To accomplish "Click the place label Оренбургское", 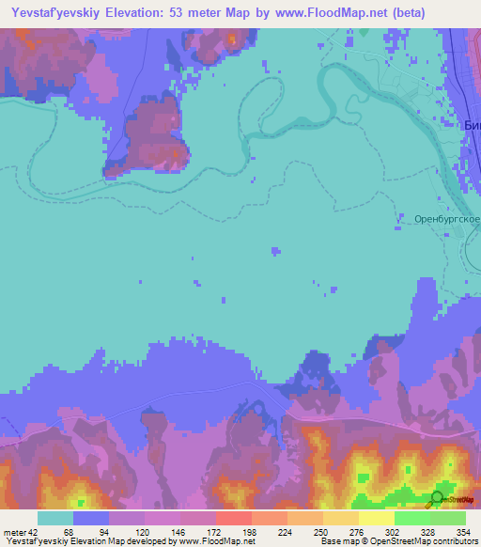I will (446, 219).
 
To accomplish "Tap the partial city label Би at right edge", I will (472, 125).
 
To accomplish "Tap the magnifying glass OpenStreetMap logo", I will (437, 500).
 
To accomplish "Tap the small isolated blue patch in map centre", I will (274, 251).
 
